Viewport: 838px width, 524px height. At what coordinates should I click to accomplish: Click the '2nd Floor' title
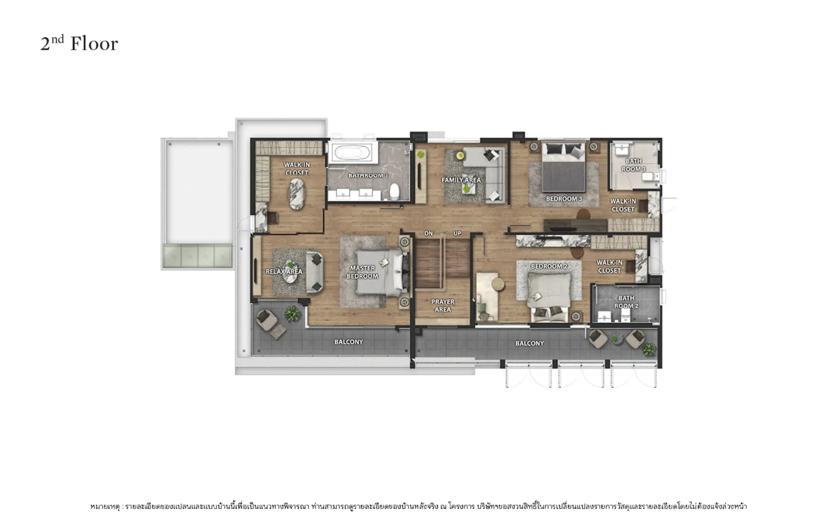[x=79, y=43]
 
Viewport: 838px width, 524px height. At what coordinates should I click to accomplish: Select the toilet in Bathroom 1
[x=394, y=191]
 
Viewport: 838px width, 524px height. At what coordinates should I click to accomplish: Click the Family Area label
[x=461, y=180]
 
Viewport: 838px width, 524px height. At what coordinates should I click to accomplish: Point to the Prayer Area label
[x=443, y=305]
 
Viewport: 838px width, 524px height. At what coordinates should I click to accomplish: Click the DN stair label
[x=428, y=234]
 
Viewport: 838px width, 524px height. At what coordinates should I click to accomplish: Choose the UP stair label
[x=457, y=234]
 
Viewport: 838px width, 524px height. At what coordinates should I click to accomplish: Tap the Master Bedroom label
[x=362, y=272]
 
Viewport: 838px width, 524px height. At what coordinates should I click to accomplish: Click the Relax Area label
[x=284, y=271]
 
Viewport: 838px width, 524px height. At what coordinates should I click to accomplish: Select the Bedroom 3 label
[x=564, y=199]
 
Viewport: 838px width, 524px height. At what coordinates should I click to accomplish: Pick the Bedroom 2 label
[x=549, y=266]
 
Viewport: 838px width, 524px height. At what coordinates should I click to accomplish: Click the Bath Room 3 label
[x=634, y=165]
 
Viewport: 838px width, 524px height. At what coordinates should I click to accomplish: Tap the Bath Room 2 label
[x=626, y=302]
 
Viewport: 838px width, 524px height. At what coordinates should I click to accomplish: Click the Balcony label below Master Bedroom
[x=349, y=342]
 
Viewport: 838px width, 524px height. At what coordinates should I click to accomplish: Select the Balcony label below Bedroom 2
[x=530, y=343]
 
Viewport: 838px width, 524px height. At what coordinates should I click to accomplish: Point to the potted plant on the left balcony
[x=293, y=314]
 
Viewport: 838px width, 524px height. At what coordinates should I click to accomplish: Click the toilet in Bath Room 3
[x=650, y=176]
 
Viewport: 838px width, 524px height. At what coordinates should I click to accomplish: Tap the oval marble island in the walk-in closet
[x=296, y=194]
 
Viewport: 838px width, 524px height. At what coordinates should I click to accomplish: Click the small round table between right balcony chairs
[x=616, y=339]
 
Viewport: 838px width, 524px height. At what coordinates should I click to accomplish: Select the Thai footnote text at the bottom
[x=418, y=506]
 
